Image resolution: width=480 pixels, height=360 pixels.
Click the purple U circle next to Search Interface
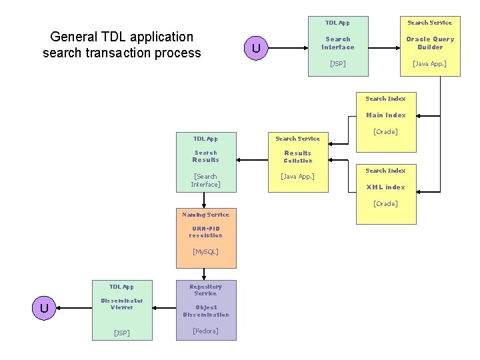pyautogui.click(x=256, y=48)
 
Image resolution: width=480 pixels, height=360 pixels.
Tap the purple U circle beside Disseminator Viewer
pyautogui.click(x=44, y=308)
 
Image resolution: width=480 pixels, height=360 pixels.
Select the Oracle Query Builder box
pyautogui.click(x=430, y=46)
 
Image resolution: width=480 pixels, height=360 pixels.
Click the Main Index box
pyautogui.click(x=386, y=122)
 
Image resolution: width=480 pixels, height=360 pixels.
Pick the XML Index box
pyautogui.click(x=386, y=195)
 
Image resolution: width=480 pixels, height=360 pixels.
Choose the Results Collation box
pyautogui.click(x=298, y=162)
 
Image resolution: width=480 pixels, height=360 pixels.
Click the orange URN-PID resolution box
pyautogui.click(x=206, y=238)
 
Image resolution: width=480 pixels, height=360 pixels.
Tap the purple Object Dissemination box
pyautogui.click(x=206, y=310)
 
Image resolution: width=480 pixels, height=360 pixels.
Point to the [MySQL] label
pyautogui.click(x=206, y=251)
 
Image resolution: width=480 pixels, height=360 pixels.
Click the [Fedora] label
pyautogui.click(x=206, y=331)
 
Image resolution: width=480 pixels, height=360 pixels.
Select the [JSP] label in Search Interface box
pyautogui.click(x=337, y=63)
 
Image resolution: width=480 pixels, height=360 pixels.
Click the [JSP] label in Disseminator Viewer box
pyautogui.click(x=122, y=333)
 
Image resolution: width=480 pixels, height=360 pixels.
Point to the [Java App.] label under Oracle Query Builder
pyautogui.click(x=429, y=64)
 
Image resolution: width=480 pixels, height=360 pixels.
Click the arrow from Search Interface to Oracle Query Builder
pyautogui.click(x=384, y=48)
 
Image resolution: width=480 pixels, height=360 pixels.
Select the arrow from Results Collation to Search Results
pyautogui.click(x=252, y=160)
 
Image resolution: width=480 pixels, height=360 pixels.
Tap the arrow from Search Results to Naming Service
pyautogui.click(x=204, y=200)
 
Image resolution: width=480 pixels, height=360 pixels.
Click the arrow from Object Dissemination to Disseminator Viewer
pyautogui.click(x=164, y=307)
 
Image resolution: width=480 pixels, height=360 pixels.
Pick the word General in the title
pyautogui.click(x=73, y=37)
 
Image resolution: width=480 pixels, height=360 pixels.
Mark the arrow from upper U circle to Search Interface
pyautogui.click(x=288, y=48)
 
